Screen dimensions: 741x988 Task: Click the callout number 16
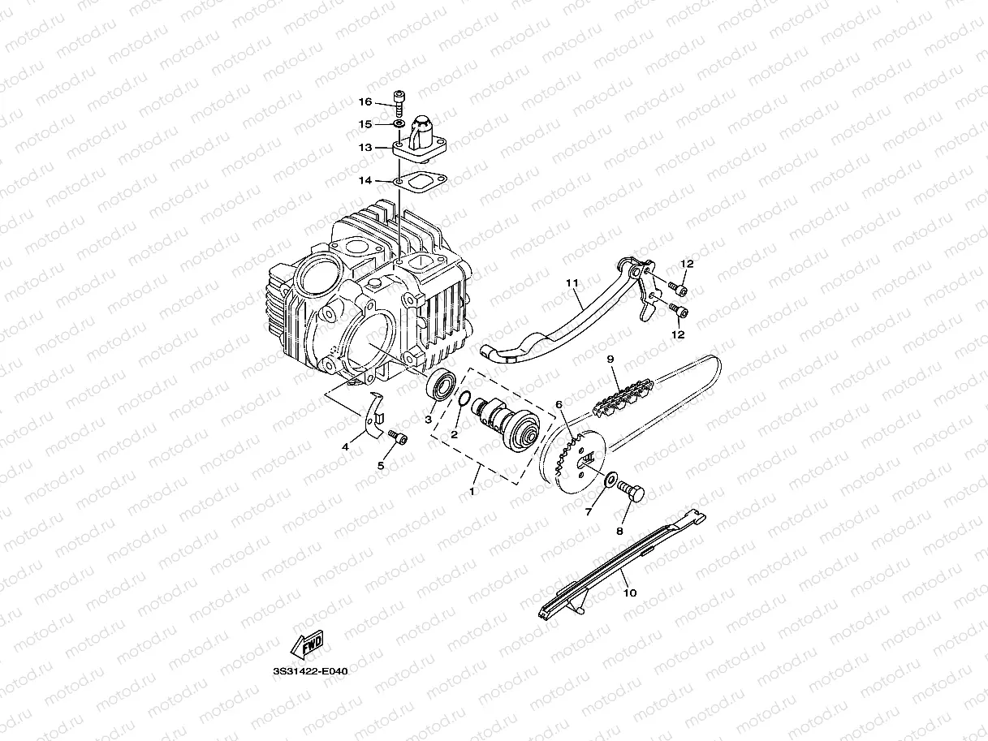point(365,101)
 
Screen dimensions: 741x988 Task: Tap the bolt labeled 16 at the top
point(399,104)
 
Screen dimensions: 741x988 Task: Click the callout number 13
point(365,148)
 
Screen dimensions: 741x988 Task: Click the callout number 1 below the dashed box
point(472,492)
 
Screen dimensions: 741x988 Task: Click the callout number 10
point(630,592)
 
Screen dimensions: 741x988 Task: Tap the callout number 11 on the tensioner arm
point(572,282)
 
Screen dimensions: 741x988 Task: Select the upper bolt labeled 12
point(679,290)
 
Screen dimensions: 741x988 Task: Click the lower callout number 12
point(678,334)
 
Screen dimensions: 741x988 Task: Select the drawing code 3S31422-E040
point(310,671)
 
